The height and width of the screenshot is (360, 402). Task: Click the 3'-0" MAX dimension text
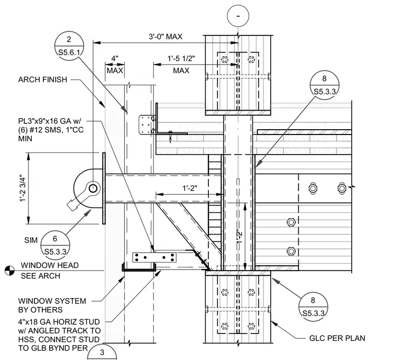[x=166, y=37]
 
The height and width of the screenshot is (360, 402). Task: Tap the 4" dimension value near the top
[x=115, y=59]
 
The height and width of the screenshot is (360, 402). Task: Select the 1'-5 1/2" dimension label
[x=181, y=59]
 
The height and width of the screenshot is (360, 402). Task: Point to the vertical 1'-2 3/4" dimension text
[x=23, y=188]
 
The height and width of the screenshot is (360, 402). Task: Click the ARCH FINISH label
[x=42, y=79]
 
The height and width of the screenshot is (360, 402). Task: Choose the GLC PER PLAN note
[x=337, y=338]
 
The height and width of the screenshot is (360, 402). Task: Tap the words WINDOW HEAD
[x=50, y=265]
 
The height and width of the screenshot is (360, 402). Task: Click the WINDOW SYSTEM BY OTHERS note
[x=52, y=305]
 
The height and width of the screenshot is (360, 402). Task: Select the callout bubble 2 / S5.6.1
[x=69, y=46]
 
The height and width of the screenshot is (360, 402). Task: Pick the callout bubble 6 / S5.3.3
[x=55, y=245]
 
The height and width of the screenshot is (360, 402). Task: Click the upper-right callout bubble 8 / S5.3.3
[x=324, y=85]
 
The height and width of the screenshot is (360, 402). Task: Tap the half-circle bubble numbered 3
[x=102, y=352]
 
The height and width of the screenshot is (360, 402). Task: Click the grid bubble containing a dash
[x=238, y=16]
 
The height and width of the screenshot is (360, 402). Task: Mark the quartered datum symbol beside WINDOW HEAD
[x=10, y=271]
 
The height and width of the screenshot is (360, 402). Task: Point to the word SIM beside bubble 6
[x=31, y=240]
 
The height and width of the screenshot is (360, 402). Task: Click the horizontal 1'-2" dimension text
[x=190, y=188]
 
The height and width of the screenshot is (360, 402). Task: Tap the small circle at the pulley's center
[x=93, y=188]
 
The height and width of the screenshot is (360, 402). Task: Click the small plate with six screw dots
[x=154, y=257]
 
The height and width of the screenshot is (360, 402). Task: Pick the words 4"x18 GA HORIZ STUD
[x=59, y=322]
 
